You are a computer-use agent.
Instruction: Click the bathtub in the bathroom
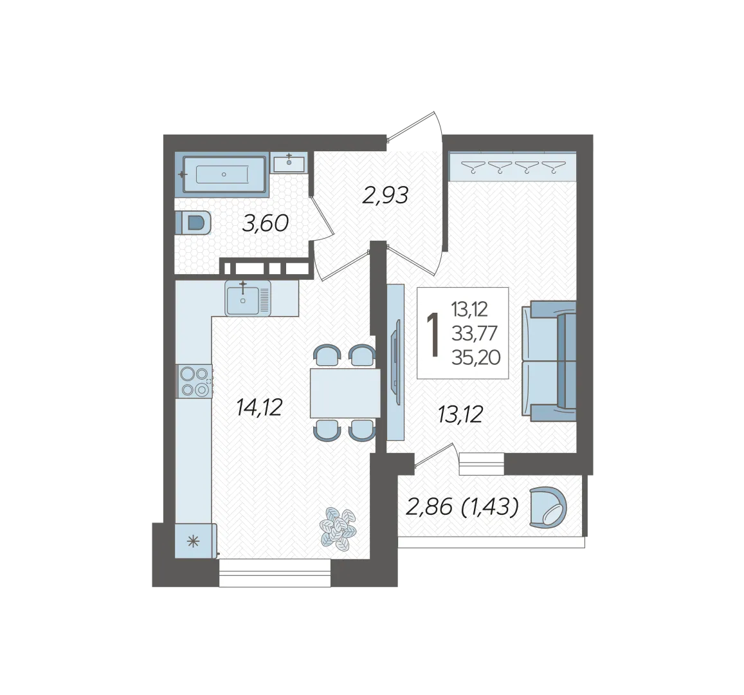(224, 174)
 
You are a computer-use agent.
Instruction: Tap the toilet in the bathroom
(193, 222)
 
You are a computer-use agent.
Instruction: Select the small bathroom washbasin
(289, 163)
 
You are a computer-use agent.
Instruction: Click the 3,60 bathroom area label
(265, 223)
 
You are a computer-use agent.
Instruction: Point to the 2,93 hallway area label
(385, 195)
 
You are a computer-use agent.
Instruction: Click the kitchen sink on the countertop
(248, 298)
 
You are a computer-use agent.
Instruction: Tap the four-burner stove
(195, 381)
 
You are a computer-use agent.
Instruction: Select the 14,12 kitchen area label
(260, 407)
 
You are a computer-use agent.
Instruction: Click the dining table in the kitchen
(345, 393)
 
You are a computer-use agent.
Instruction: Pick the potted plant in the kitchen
(338, 529)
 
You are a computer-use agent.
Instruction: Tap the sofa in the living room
(549, 361)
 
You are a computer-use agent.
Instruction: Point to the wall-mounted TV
(395, 362)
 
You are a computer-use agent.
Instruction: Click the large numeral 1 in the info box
(433, 334)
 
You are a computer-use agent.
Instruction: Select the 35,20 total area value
(476, 357)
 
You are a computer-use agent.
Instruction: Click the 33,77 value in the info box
(475, 333)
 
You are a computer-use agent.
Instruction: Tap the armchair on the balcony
(548, 507)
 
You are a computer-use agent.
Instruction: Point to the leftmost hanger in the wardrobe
(473, 167)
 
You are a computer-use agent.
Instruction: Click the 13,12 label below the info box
(460, 414)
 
